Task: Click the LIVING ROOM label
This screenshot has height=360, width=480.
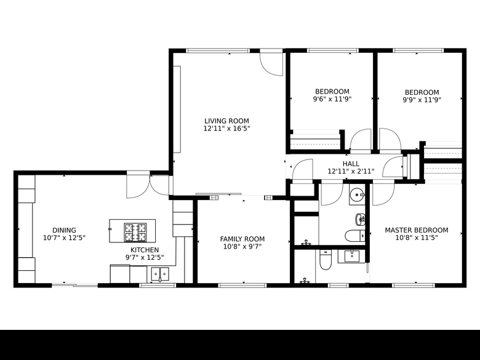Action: click(x=226, y=121)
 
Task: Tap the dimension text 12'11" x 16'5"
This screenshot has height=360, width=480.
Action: click(x=227, y=129)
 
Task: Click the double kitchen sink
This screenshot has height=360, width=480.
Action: click(x=160, y=274)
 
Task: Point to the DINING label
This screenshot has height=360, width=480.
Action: click(x=64, y=230)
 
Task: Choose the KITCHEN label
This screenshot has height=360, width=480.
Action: click(x=145, y=250)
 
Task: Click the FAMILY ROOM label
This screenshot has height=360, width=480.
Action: click(x=242, y=239)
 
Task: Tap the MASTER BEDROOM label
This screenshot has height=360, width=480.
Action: click(x=417, y=230)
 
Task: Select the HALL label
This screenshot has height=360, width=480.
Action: click(x=351, y=164)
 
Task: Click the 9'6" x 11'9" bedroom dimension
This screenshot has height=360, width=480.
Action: click(x=332, y=99)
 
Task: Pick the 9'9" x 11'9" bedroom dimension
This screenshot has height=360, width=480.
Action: click(x=422, y=100)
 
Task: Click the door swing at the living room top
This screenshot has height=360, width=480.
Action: click(x=271, y=64)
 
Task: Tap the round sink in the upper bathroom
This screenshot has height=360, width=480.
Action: click(x=357, y=194)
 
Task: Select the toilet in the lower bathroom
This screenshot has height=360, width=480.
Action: click(x=325, y=260)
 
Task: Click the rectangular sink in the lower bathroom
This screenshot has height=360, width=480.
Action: click(x=352, y=256)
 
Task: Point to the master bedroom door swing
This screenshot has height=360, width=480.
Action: click(x=383, y=194)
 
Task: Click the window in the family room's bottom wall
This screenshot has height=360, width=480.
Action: click(x=242, y=286)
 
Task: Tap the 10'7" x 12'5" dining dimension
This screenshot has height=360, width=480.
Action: click(x=64, y=238)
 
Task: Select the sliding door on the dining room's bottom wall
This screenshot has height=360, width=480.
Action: click(x=74, y=286)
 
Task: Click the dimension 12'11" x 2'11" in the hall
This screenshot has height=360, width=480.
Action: click(x=351, y=172)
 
